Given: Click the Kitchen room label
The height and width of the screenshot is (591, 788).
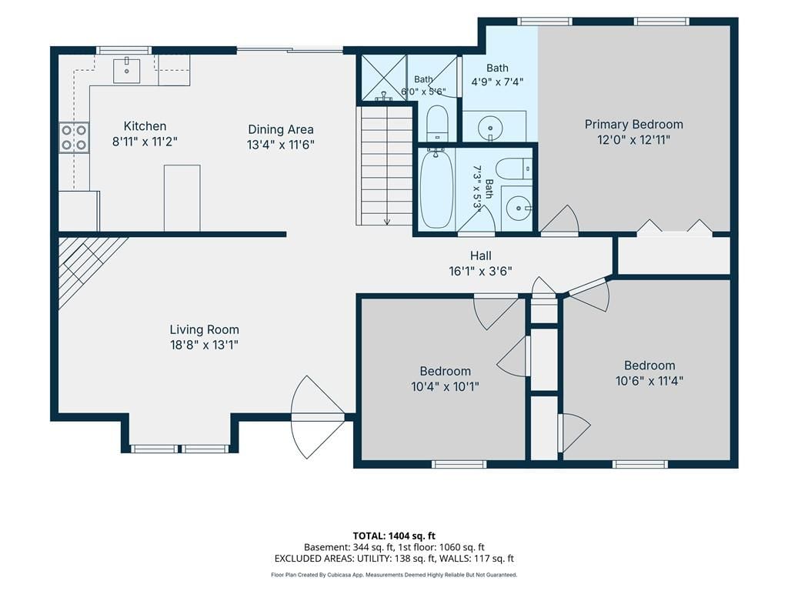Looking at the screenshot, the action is click(x=145, y=126).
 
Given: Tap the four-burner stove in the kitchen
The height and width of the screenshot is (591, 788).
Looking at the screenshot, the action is click(x=74, y=138).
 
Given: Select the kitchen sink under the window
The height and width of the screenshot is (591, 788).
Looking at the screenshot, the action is click(x=126, y=70).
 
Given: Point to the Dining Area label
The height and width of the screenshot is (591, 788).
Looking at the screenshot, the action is click(x=280, y=129).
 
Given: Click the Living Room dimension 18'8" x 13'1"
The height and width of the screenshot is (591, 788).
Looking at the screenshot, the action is click(x=204, y=345).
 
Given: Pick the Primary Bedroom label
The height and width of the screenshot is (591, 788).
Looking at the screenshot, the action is click(x=634, y=124).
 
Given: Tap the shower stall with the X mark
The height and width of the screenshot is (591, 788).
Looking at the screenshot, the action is click(x=384, y=78).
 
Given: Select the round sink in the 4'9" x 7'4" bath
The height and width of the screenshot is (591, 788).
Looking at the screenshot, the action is click(x=489, y=126).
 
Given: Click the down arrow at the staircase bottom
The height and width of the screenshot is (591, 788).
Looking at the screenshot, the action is click(x=387, y=219).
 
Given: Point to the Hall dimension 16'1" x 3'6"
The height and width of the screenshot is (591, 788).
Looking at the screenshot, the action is click(x=480, y=272).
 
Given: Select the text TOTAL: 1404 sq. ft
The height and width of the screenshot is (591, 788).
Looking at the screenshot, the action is click(x=394, y=536).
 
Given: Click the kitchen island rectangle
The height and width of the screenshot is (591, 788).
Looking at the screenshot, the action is click(x=182, y=198).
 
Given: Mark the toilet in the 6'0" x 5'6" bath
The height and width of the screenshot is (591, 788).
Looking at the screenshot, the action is click(x=437, y=122).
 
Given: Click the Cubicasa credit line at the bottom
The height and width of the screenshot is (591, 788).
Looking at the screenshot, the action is click(x=394, y=575).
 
